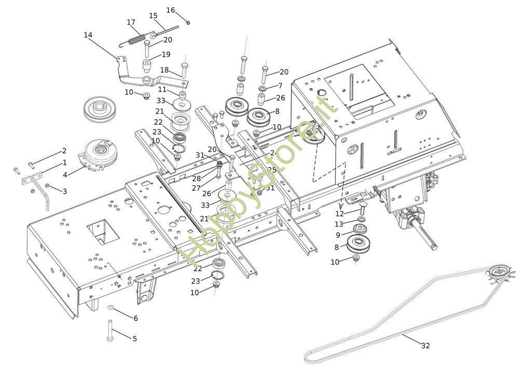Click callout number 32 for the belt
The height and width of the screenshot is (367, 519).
[x=426, y=346]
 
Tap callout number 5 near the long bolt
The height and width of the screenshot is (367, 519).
[x=135, y=338]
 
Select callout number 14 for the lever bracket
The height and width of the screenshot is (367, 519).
[x=88, y=35]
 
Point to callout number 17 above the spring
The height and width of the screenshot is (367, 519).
[x=131, y=22]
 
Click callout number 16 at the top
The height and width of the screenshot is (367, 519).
[x=171, y=10]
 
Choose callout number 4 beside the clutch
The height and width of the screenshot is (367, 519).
[x=65, y=175]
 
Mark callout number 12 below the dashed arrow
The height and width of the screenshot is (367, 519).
[x=339, y=213]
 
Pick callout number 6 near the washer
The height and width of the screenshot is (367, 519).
[x=135, y=318]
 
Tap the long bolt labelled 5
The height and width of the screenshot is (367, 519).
[x=111, y=331]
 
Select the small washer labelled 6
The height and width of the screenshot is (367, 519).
[x=111, y=308]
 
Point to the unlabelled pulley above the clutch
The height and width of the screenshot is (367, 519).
[x=99, y=110]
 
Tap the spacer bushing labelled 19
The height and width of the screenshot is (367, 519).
[x=147, y=66]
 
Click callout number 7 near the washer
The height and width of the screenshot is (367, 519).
[x=280, y=86]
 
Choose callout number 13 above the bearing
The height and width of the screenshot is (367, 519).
[x=339, y=224]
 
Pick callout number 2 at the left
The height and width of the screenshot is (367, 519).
[x=64, y=151]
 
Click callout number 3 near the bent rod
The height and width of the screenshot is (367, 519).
[x=64, y=192]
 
